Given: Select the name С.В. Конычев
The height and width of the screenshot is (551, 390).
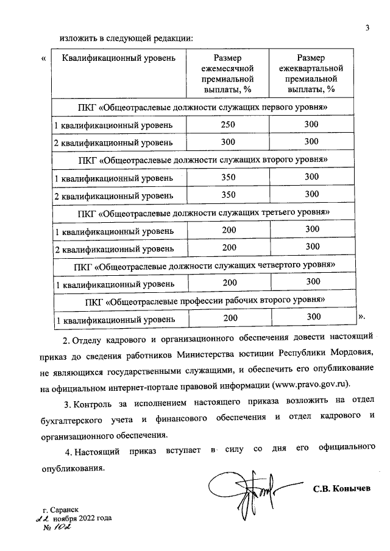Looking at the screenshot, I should [x=342, y=489].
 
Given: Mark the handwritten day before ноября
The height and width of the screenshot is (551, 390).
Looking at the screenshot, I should [x=43, y=518].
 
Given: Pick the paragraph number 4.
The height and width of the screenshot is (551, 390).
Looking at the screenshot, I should [x=68, y=451].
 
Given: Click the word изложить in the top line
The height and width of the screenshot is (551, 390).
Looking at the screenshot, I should [x=77, y=38].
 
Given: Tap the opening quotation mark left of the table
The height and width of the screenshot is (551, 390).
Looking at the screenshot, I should [x=43, y=59].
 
